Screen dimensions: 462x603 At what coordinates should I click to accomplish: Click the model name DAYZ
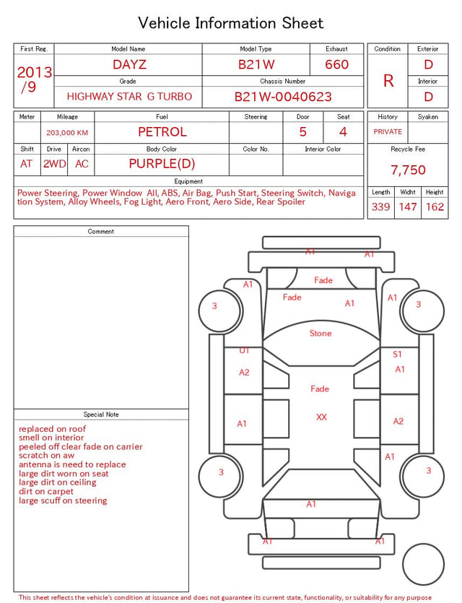tap(129, 64)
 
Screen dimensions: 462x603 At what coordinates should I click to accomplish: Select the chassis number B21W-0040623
tap(283, 97)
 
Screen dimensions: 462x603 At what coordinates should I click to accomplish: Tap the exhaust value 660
tap(336, 64)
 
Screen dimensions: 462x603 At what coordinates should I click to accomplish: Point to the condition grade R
tap(388, 81)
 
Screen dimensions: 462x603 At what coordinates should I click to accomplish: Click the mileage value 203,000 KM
tap(67, 133)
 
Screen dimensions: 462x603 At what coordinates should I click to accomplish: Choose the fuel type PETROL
tap(162, 132)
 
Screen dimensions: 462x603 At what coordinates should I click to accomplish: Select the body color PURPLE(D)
tap(162, 164)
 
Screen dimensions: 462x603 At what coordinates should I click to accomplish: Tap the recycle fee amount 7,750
tap(408, 170)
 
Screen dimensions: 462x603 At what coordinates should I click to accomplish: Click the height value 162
tap(435, 207)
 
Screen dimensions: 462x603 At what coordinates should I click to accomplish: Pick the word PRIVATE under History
tap(388, 131)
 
